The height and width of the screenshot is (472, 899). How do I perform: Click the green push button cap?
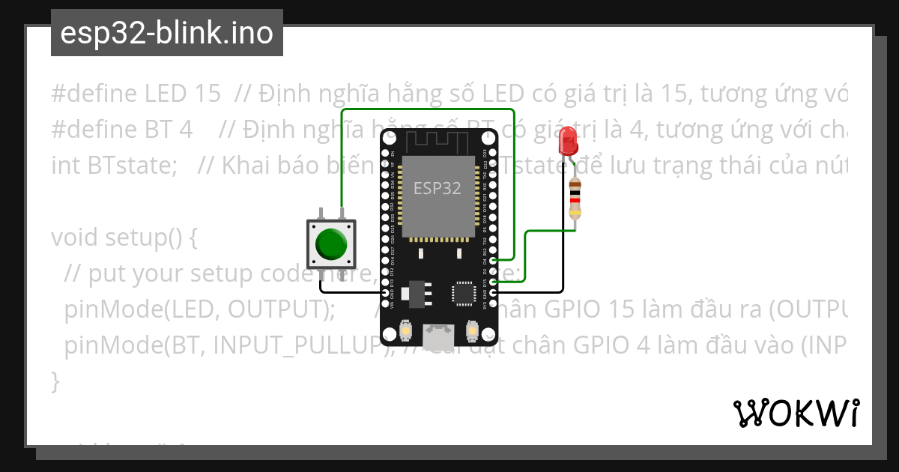point(331,243)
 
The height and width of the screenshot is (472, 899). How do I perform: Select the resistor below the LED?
point(575,199)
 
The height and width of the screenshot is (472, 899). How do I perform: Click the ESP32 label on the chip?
point(438,188)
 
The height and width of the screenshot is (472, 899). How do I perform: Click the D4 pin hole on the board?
point(492,261)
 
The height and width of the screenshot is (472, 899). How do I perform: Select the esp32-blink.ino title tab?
point(166,33)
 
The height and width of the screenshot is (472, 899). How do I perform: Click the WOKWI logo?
point(796,413)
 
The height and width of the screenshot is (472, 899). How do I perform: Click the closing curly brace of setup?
point(55,381)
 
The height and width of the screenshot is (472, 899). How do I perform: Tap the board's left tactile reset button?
point(405,330)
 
